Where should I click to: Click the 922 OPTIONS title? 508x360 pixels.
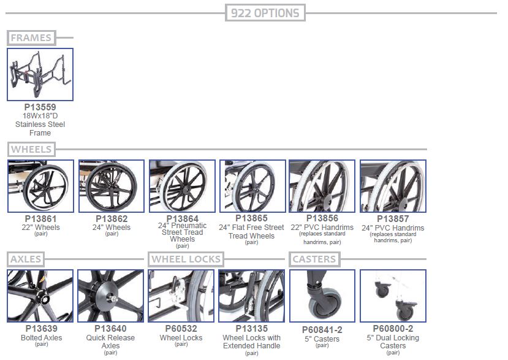(x=265, y=13)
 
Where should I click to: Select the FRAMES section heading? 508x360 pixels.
(x=31, y=37)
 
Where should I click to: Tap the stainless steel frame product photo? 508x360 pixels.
(x=40, y=75)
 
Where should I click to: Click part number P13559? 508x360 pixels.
(x=40, y=107)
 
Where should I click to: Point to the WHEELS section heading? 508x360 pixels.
(x=31, y=149)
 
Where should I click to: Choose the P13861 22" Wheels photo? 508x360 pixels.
(x=40, y=186)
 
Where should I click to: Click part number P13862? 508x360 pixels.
(x=112, y=219)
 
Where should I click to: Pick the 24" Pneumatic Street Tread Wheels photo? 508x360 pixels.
(x=182, y=186)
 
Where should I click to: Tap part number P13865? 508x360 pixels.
(x=252, y=218)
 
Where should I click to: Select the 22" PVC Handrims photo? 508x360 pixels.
(x=322, y=186)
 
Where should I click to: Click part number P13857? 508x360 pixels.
(x=393, y=219)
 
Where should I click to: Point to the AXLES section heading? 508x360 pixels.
(x=26, y=259)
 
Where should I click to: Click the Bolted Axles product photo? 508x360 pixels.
(x=40, y=296)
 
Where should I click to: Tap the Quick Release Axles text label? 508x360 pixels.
(x=110, y=342)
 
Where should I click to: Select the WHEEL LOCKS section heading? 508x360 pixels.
(x=186, y=259)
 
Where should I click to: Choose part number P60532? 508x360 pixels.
(x=181, y=329)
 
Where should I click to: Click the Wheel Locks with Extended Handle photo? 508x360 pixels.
(x=252, y=296)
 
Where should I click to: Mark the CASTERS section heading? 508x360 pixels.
(x=314, y=259)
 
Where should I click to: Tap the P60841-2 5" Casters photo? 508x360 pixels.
(x=322, y=296)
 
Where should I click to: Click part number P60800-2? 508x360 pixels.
(x=393, y=329)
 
